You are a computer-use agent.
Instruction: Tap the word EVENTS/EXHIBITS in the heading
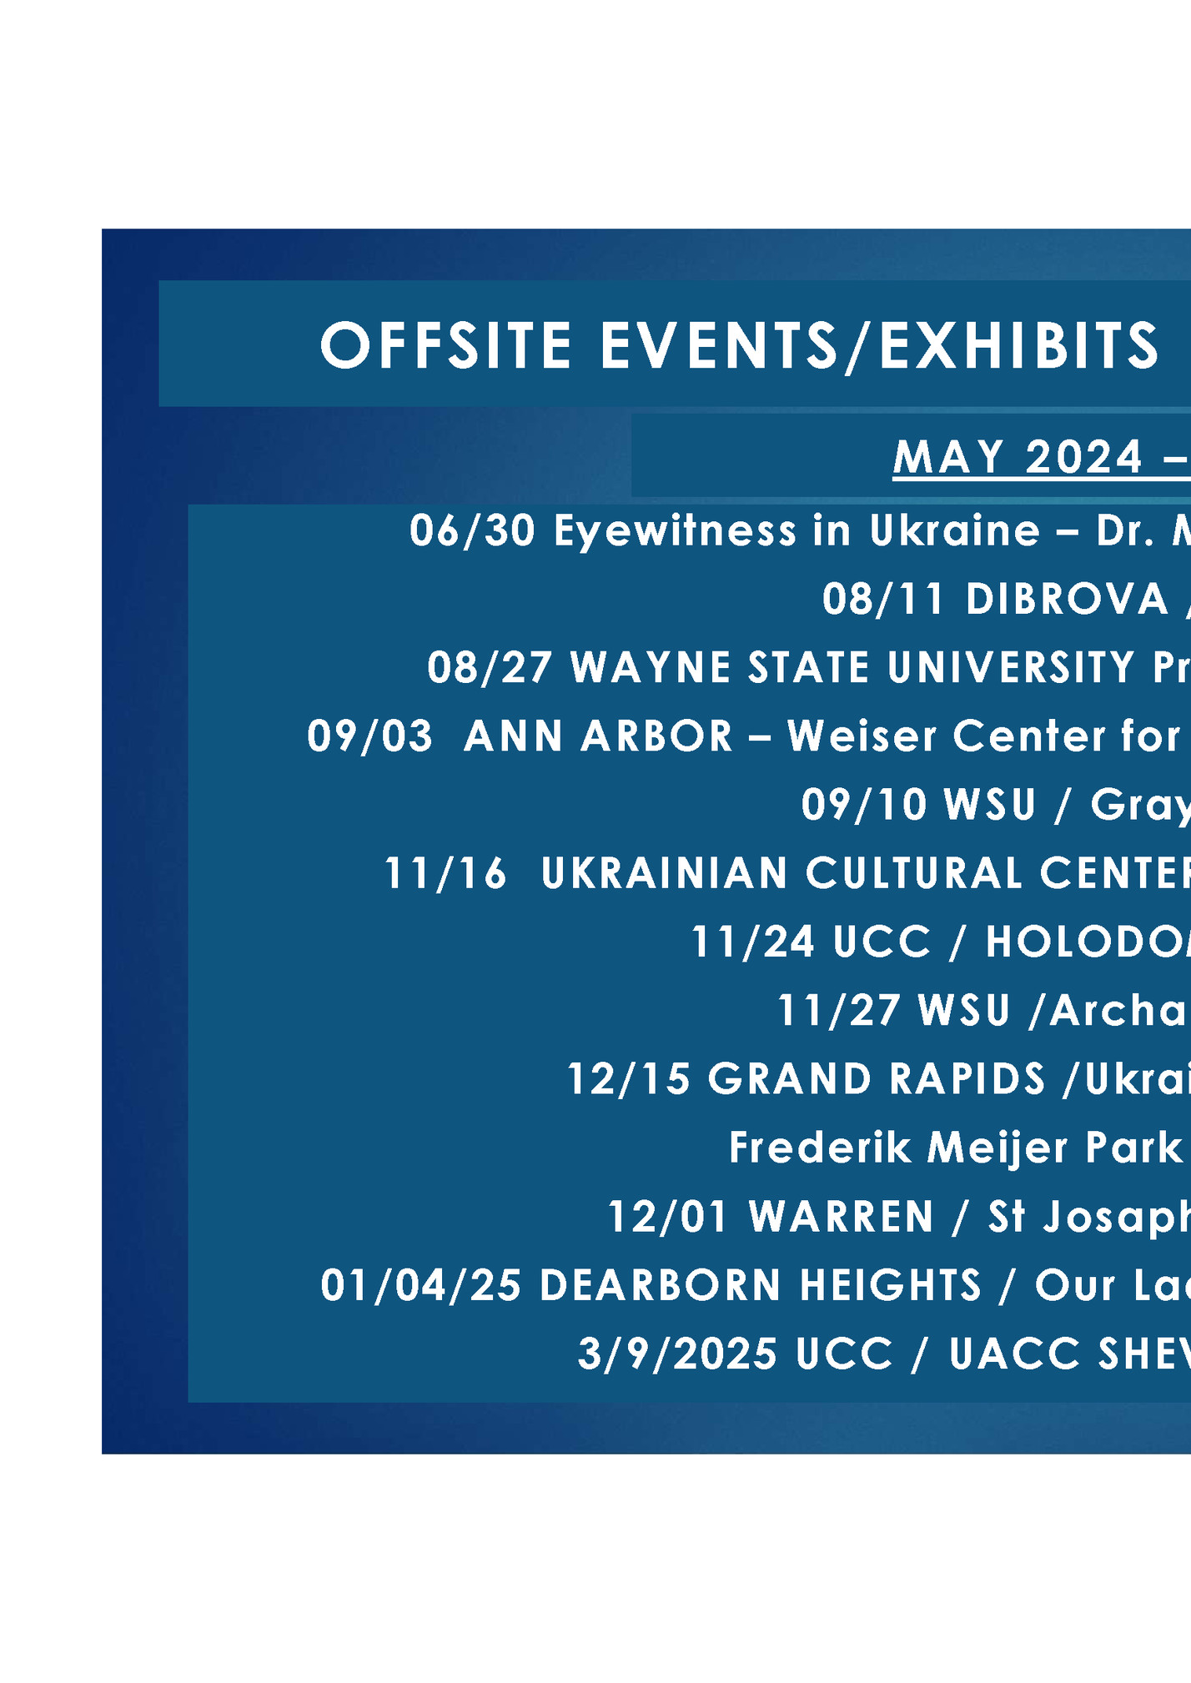[879, 345]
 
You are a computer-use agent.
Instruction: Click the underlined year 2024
[1083, 457]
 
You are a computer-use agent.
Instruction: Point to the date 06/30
[472, 531]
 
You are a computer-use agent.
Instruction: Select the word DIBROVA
[1068, 600]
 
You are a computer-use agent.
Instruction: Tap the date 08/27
[490, 668]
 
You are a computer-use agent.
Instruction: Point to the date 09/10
[864, 805]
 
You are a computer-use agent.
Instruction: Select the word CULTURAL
[914, 873]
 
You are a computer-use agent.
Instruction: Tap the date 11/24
[753, 942]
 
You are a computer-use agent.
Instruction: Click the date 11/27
[838, 1011]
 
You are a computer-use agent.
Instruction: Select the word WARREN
[842, 1217]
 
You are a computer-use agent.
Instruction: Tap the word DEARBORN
[661, 1285]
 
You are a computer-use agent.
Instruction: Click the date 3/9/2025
[677, 1354]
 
